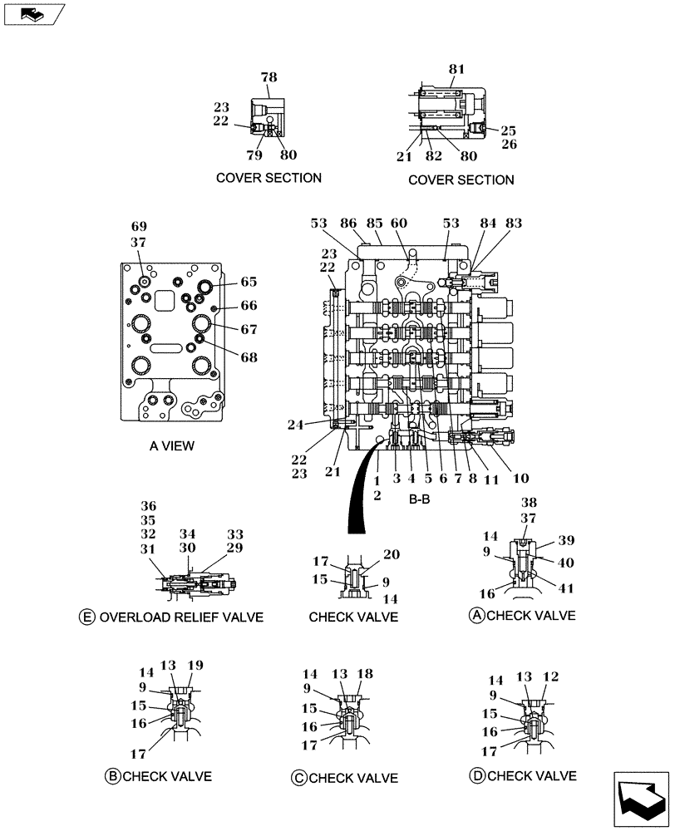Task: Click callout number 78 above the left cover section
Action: coord(269,77)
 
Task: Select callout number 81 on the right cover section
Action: coord(457,71)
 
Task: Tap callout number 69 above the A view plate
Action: coord(139,227)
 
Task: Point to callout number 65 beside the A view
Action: coord(249,282)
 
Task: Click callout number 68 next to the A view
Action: coord(249,357)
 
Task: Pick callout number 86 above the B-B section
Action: coord(349,224)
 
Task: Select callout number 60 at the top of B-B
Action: coord(399,224)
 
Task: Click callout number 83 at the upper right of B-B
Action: coord(514,224)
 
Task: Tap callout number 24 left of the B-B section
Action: coord(318,424)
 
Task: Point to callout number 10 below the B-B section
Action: coord(520,479)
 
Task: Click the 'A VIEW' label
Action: coord(172,446)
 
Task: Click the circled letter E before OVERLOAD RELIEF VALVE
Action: coord(86,617)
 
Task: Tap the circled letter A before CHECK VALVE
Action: coord(476,616)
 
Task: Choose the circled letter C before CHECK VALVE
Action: coord(298,778)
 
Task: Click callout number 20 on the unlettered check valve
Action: coord(392,555)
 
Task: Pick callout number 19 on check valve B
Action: coord(195,666)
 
